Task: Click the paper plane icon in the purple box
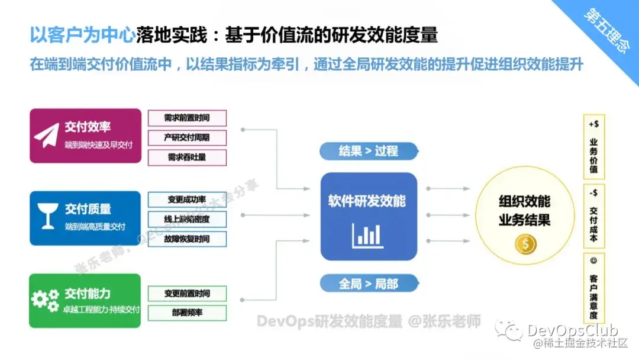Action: point(46,136)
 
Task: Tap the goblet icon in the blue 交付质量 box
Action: point(46,217)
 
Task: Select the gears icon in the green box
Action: point(45,300)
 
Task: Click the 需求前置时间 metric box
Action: point(187,118)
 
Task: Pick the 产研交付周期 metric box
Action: point(187,137)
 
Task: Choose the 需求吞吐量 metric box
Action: point(187,157)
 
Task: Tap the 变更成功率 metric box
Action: point(187,200)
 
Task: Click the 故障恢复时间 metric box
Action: point(187,239)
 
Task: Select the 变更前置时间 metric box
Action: point(187,293)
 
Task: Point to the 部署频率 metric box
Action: point(187,312)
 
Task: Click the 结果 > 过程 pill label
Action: point(368,151)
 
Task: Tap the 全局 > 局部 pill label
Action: point(368,284)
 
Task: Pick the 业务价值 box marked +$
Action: point(593,147)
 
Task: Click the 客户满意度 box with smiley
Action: point(593,287)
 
